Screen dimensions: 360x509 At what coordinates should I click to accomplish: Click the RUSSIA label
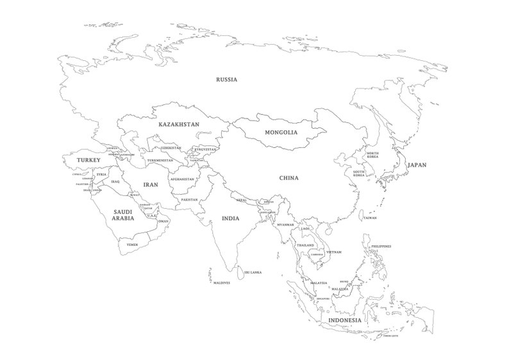226,80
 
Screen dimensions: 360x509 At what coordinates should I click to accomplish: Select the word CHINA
288,178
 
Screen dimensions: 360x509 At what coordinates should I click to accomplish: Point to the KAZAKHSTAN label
179,124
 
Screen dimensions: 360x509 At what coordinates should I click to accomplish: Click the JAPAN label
417,165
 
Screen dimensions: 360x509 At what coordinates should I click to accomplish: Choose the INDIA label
230,218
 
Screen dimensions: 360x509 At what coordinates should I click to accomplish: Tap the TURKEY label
88,160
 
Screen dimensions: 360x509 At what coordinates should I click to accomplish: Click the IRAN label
151,184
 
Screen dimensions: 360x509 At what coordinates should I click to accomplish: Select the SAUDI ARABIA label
123,215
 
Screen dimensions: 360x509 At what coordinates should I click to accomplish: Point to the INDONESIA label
344,320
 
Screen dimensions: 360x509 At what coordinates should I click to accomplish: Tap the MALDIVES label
222,282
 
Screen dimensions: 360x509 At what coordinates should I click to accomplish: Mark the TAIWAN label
370,218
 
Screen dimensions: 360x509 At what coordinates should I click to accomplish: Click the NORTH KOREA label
372,155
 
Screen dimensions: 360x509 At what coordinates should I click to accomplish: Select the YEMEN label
132,245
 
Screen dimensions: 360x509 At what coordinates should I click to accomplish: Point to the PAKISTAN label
189,200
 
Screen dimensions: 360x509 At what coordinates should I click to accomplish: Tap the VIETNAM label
334,252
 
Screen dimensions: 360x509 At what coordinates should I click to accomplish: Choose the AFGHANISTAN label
183,179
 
